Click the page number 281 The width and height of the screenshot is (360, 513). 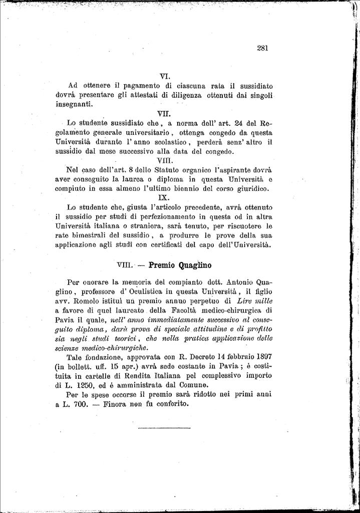coord(263,49)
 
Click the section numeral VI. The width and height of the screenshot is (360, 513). coord(165,77)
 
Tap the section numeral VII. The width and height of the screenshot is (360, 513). coord(164,114)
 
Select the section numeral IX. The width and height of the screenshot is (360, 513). coord(164,197)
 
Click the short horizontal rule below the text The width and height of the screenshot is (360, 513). coord(164,428)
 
